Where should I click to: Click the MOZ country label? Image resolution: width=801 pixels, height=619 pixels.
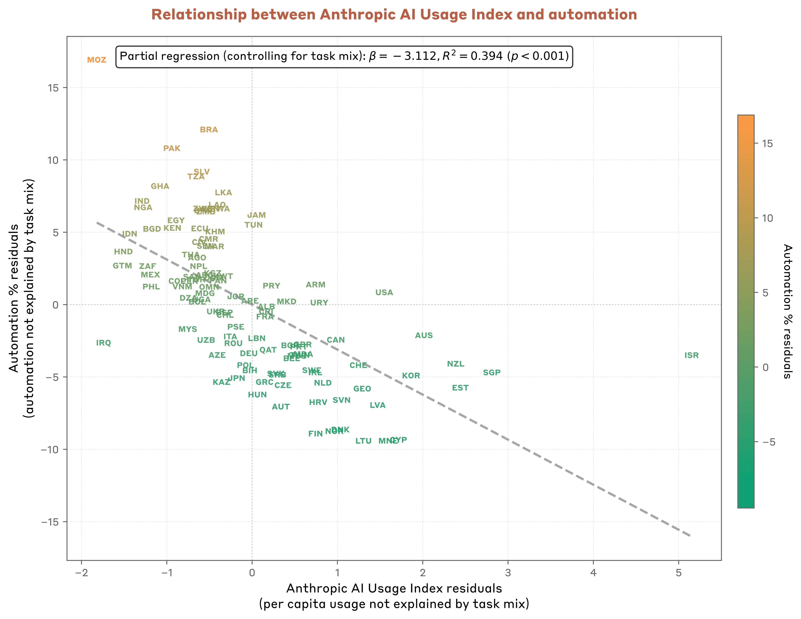(x=96, y=60)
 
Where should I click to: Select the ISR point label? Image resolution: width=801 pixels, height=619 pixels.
(x=691, y=355)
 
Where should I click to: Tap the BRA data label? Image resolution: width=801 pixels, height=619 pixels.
(x=209, y=130)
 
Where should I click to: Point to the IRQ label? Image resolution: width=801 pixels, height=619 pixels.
(x=103, y=343)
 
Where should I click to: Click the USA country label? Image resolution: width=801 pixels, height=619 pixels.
(x=384, y=293)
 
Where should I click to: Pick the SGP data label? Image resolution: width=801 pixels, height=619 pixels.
(x=491, y=373)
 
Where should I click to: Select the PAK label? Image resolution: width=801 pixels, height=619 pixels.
(x=172, y=148)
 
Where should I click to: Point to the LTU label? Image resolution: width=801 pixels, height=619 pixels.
(x=363, y=441)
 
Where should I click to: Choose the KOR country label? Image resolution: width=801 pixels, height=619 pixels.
(x=411, y=376)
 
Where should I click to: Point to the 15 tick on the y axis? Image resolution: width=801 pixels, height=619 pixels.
(x=52, y=88)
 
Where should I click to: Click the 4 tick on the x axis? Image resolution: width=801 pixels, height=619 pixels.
(x=593, y=573)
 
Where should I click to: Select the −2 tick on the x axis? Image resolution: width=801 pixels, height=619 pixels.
(x=81, y=573)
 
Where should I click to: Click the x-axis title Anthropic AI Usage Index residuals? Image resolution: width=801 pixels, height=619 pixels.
(x=394, y=589)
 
